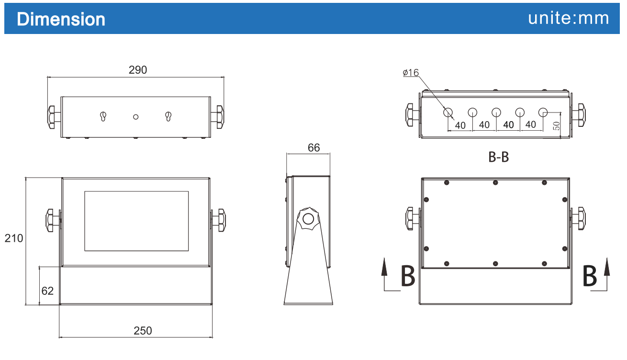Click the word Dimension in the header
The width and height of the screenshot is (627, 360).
(x=61, y=19)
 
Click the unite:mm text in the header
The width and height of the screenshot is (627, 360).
(x=569, y=18)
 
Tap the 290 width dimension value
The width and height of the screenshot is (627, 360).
(x=138, y=70)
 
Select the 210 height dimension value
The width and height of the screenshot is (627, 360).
(x=14, y=238)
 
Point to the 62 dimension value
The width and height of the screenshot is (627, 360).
(x=47, y=291)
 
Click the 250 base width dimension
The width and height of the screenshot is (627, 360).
(x=143, y=331)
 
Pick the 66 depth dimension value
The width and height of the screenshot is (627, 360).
(x=313, y=148)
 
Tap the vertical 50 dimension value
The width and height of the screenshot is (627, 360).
(x=556, y=126)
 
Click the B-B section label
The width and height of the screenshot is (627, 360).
(x=498, y=157)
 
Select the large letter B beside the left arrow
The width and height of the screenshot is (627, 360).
(x=407, y=276)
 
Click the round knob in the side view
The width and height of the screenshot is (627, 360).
(x=307, y=219)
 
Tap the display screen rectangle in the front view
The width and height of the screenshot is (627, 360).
(x=136, y=221)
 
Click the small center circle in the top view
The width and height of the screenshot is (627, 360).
(x=136, y=117)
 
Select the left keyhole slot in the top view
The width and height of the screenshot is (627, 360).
(x=103, y=116)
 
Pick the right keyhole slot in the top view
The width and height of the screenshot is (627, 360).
(x=168, y=116)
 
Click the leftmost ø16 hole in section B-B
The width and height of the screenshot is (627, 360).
(x=448, y=112)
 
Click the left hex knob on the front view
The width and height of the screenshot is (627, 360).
(x=52, y=220)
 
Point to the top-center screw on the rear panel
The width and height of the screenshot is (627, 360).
(x=495, y=182)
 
